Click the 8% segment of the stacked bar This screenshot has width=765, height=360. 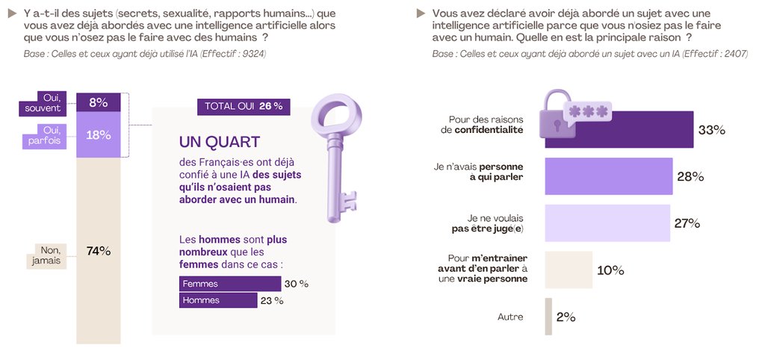click(x=98, y=102)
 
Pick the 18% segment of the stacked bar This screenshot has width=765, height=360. click(x=98, y=135)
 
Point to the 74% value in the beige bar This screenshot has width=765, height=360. click(x=99, y=251)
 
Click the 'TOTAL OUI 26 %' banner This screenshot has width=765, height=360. click(x=244, y=106)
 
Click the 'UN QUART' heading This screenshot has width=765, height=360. click(x=220, y=142)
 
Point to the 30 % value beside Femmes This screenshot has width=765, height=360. click(x=296, y=284)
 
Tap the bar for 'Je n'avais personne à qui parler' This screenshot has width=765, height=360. click(x=609, y=176)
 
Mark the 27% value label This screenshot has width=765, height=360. click(x=687, y=223)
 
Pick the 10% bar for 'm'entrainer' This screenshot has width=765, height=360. click(x=568, y=270)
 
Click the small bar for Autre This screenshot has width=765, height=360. click(x=548, y=317)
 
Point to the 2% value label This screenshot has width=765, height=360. click(x=566, y=317)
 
